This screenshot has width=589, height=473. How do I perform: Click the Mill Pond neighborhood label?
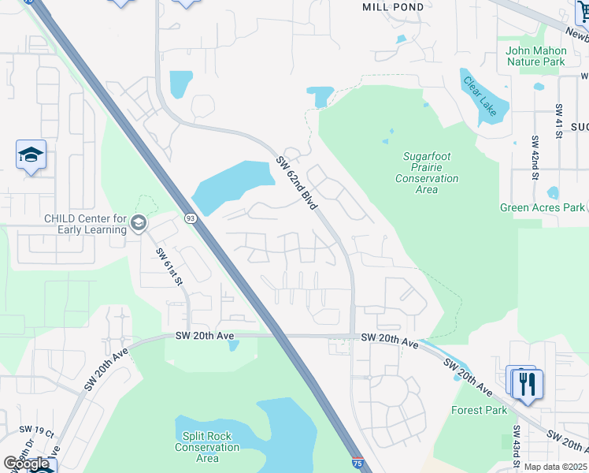pyautogui.click(x=393, y=7)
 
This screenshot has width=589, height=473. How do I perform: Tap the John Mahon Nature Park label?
pyautogui.click(x=535, y=56)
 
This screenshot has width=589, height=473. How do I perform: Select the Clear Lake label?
pyautogui.click(x=480, y=97)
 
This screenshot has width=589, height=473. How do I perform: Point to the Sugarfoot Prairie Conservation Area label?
pyautogui.click(x=426, y=173)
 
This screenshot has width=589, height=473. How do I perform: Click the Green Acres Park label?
pyautogui.click(x=543, y=207)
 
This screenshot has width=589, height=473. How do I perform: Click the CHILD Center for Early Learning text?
pyautogui.click(x=85, y=224)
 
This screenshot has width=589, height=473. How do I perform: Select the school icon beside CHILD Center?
pyautogui.click(x=139, y=224)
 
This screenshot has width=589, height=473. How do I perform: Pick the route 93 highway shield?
pyautogui.click(x=190, y=218)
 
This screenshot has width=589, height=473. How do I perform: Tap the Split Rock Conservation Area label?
pyautogui.click(x=207, y=447)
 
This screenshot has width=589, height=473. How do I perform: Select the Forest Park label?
pyautogui.click(x=479, y=410)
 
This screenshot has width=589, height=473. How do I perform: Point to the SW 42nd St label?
pyautogui.click(x=535, y=158)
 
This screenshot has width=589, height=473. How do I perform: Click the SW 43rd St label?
pyautogui.click(x=517, y=445)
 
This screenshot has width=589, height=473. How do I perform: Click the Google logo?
pyautogui.click(x=26, y=464)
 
